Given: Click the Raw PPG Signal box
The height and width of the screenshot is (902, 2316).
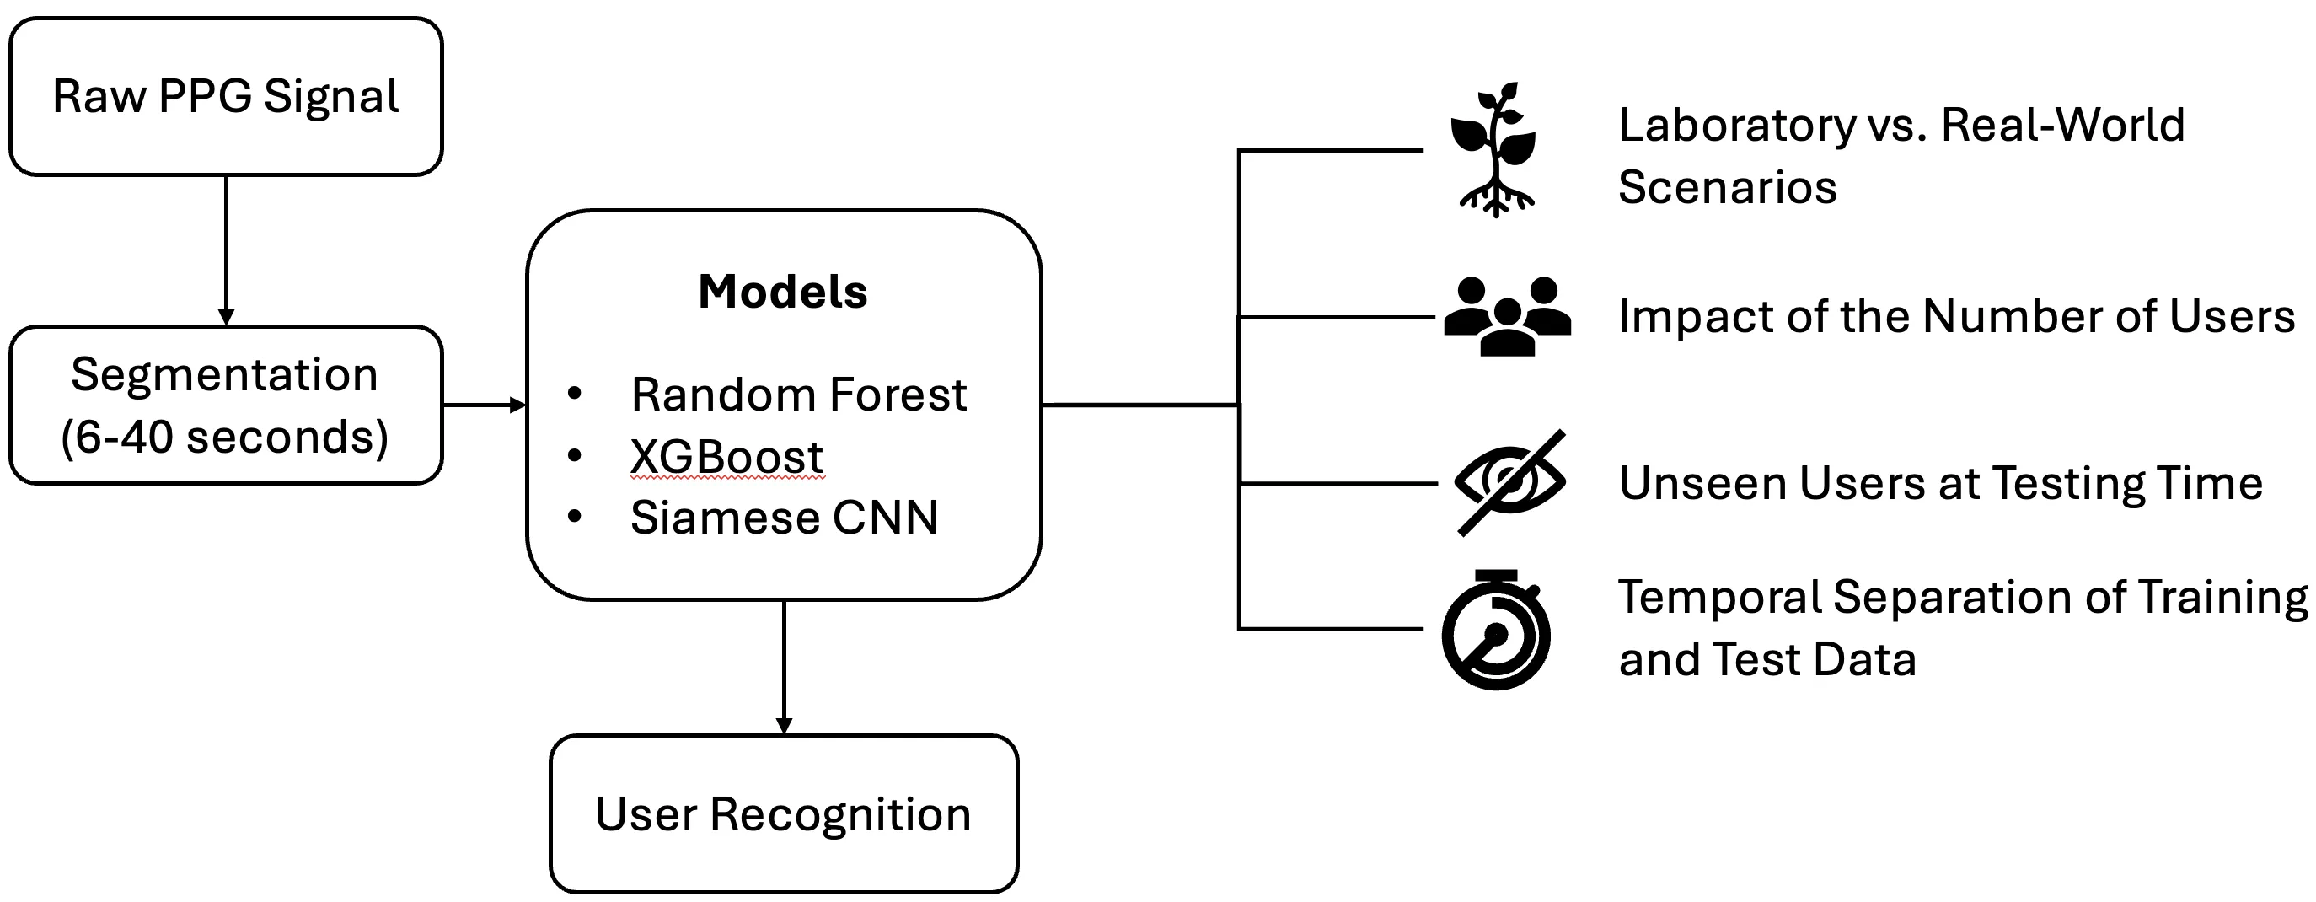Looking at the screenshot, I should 226,96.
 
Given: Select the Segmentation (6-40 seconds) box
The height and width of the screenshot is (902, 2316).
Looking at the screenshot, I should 226,405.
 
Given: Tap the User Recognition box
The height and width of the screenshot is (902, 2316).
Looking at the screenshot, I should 783,813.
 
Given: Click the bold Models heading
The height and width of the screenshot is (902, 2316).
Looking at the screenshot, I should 782,293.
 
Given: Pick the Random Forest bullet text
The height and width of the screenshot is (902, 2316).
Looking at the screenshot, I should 798,395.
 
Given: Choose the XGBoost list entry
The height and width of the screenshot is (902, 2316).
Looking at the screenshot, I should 726,457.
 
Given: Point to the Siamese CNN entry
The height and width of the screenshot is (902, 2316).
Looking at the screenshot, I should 784,518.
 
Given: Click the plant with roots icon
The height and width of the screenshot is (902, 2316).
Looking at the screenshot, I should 1495,150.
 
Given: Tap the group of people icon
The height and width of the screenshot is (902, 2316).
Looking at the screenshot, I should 1508,317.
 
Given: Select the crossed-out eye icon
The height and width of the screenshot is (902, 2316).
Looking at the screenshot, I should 1510,483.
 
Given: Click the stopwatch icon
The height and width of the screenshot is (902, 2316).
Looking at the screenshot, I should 1496,631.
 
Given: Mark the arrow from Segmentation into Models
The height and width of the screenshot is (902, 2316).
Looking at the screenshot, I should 484,405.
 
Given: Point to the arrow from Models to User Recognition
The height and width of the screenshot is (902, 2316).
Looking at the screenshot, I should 783,665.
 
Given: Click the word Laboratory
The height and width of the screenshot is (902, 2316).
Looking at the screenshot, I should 1736,125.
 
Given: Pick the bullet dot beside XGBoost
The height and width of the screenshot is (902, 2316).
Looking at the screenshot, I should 575,456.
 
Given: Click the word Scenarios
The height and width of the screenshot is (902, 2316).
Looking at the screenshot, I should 1727,187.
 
